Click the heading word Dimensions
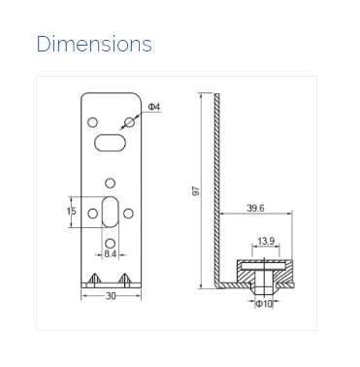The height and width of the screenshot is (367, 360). [94, 45]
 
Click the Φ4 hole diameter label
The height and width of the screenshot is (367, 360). [153, 105]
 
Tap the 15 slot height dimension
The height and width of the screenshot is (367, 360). [71, 212]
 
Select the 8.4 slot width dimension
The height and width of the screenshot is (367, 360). [111, 253]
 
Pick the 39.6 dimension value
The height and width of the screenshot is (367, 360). [255, 208]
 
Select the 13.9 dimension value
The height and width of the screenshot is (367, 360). [264, 241]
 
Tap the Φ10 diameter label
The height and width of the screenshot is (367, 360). [263, 304]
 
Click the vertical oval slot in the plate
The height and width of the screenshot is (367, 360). [111, 211]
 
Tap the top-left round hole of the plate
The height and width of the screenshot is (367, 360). [92, 123]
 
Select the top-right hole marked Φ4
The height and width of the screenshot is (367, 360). [129, 123]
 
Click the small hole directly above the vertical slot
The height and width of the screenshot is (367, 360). [111, 182]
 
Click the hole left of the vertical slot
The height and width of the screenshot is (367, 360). [93, 212]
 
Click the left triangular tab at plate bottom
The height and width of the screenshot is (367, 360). [94, 279]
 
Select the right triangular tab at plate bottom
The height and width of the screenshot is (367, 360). [127, 279]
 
